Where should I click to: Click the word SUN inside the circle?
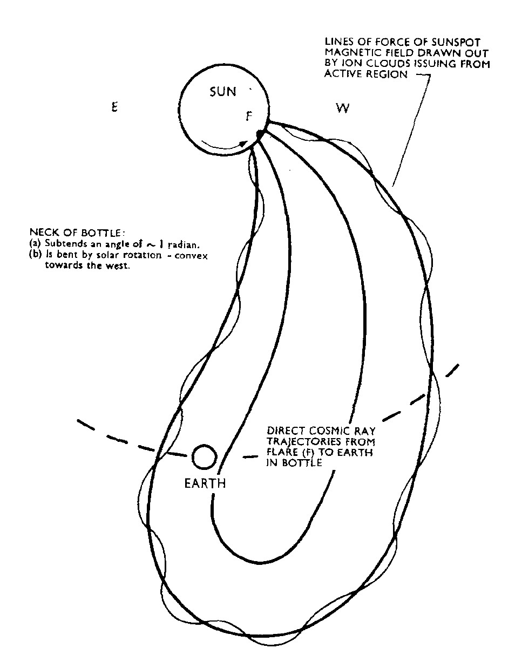(x=222, y=92)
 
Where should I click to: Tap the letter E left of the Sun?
(x=114, y=107)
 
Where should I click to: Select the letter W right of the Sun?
(x=343, y=108)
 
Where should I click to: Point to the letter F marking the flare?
(x=249, y=117)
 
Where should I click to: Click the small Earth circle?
(x=204, y=457)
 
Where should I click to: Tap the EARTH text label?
(x=205, y=483)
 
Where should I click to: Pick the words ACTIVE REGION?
(x=366, y=74)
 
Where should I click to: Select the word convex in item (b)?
(x=191, y=256)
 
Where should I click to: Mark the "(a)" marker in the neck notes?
(x=35, y=243)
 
